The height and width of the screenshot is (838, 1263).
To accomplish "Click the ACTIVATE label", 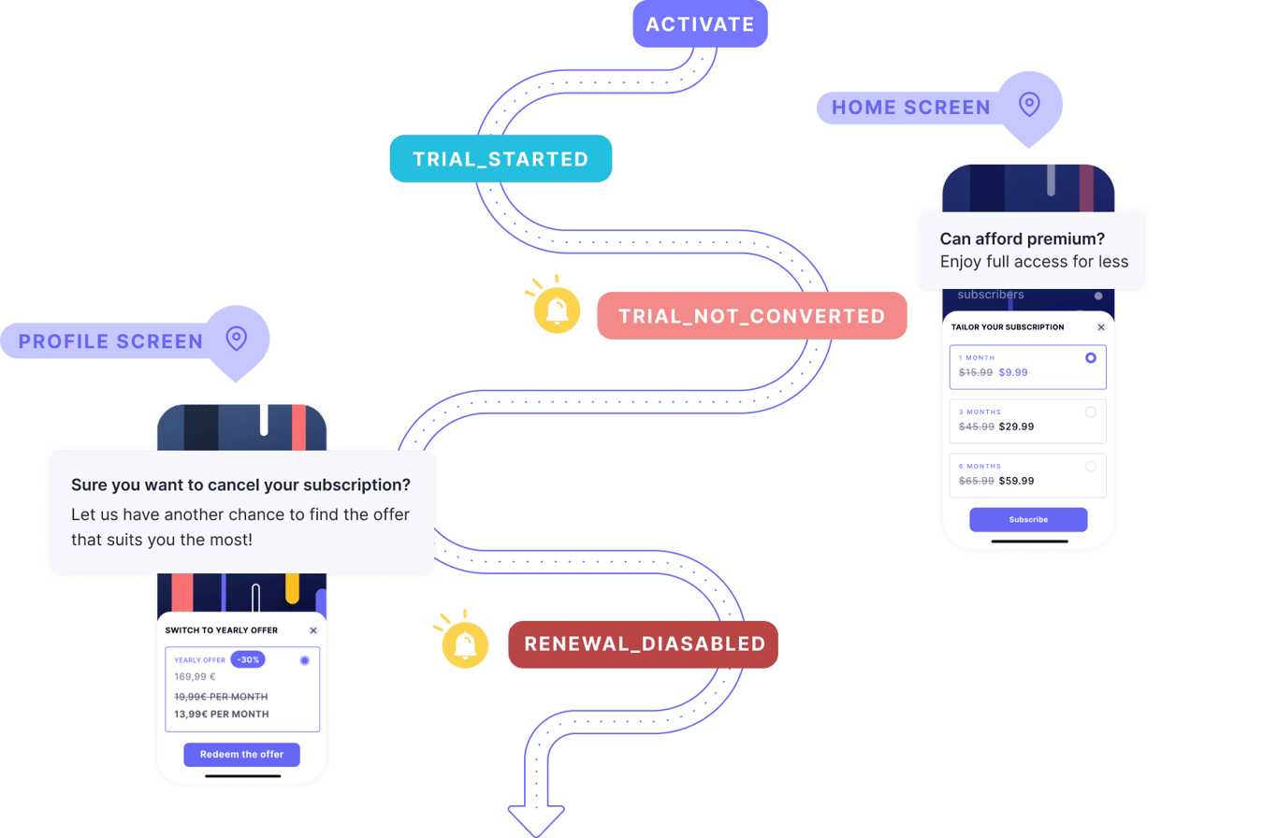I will click(x=700, y=23).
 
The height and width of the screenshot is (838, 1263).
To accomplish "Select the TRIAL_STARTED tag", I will click(x=501, y=159).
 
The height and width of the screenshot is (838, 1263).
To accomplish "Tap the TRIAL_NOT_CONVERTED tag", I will click(x=751, y=316).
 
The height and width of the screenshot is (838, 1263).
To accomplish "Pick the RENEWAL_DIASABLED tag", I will click(x=644, y=644).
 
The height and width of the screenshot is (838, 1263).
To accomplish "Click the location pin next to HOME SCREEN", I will click(x=1029, y=104).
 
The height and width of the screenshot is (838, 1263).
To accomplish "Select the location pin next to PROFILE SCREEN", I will click(x=237, y=338).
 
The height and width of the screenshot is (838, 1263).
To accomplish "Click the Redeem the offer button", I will click(x=241, y=754).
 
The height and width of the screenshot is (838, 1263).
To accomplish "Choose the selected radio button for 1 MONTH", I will click(x=1091, y=358).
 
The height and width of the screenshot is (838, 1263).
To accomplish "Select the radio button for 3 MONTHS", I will click(x=1091, y=412).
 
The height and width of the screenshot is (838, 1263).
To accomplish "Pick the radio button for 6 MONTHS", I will click(x=1091, y=466).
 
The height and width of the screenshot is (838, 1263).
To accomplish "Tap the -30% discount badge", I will click(x=248, y=659).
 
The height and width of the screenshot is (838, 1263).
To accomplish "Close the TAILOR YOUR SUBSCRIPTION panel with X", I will click(x=1100, y=327).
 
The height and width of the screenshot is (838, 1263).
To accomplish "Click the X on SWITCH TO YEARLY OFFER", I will click(x=312, y=630).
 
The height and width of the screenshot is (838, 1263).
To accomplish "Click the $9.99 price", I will click(x=1013, y=372).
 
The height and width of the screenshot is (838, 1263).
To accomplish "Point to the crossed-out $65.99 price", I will click(x=976, y=481).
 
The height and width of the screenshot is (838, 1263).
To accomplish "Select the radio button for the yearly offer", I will click(x=305, y=660).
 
